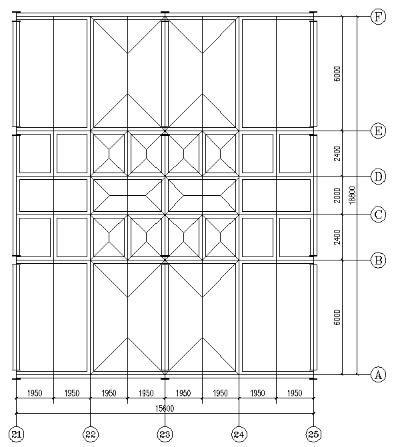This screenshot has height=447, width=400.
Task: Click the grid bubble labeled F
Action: (x=378, y=17)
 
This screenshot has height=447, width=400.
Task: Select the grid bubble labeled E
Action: (x=378, y=131)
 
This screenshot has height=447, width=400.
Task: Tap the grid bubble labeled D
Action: (x=378, y=177)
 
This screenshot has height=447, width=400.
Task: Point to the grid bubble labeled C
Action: (x=378, y=215)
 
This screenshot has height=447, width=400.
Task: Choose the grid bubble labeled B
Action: (x=378, y=260)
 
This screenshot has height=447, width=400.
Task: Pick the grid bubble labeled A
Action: (x=378, y=374)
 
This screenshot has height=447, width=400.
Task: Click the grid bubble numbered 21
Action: (x=17, y=434)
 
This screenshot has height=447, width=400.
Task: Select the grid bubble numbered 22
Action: (x=91, y=434)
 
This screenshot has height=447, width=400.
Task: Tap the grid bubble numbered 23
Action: (x=165, y=434)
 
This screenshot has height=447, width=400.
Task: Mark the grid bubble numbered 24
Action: (x=239, y=434)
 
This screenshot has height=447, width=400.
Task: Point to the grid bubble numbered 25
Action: (x=313, y=434)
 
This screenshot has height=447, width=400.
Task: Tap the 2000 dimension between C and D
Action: (x=337, y=195)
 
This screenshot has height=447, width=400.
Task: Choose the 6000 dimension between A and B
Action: (x=337, y=317)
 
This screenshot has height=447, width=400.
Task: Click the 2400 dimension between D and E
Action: (x=337, y=154)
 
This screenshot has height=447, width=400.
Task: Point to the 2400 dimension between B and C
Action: (x=337, y=237)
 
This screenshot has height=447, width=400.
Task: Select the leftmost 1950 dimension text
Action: (x=35, y=394)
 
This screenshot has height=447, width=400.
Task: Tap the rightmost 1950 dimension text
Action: (x=295, y=394)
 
